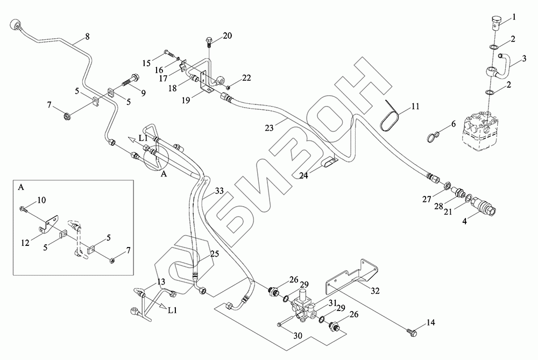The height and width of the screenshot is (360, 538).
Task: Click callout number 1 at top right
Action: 513,17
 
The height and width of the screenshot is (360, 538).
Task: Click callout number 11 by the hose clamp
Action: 415,107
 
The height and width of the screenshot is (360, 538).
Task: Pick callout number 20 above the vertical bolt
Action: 227,36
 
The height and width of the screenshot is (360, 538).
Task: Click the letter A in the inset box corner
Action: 21,188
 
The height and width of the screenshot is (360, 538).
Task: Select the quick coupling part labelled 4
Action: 483,208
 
